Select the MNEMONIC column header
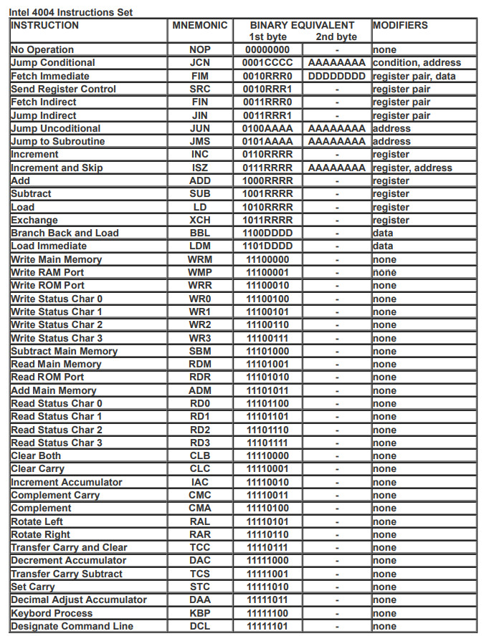(x=200, y=25)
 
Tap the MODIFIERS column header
(x=400, y=25)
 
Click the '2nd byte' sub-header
(x=336, y=37)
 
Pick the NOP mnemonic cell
(x=200, y=50)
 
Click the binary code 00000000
(x=267, y=50)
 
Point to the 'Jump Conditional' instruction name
(x=52, y=63)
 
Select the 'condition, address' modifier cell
(x=417, y=63)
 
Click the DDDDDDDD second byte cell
(x=336, y=76)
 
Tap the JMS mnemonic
(x=200, y=141)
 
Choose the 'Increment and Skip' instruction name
(x=57, y=168)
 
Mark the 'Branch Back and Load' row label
(x=65, y=233)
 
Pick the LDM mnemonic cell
(x=200, y=246)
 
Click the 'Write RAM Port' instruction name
(x=47, y=272)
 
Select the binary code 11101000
(x=267, y=351)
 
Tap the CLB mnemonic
(x=200, y=456)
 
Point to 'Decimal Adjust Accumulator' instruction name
(x=79, y=599)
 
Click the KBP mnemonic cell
(x=200, y=613)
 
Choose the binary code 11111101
(x=267, y=626)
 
